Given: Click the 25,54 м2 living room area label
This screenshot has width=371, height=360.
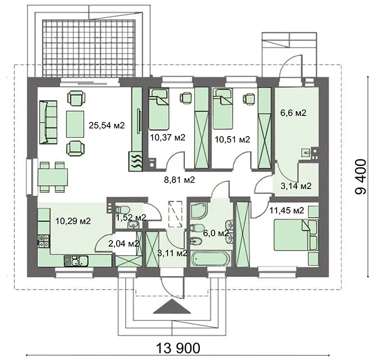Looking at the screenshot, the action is click(107, 125).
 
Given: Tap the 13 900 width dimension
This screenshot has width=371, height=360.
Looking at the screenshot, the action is click(178, 348).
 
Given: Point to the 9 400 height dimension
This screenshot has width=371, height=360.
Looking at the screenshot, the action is click(361, 177).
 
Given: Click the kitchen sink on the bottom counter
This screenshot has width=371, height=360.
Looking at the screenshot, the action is click(76, 261).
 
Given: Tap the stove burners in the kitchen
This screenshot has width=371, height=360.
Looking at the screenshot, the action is click(44, 241).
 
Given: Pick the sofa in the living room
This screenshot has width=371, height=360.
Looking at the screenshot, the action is click(48, 122).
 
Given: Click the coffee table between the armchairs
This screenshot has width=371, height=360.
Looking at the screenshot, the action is click(75, 124).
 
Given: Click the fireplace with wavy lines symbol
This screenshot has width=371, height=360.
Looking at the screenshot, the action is click(136, 161).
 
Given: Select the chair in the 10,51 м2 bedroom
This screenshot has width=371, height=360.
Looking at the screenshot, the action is click(249, 98).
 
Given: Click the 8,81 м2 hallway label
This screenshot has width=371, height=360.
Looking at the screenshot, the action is click(179, 180).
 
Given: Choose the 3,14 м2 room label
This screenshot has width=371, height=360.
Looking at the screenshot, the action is click(296, 186).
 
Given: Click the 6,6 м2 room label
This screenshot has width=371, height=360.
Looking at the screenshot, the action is click(294, 113).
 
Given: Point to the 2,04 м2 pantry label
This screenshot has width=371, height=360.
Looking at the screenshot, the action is click(123, 244).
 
